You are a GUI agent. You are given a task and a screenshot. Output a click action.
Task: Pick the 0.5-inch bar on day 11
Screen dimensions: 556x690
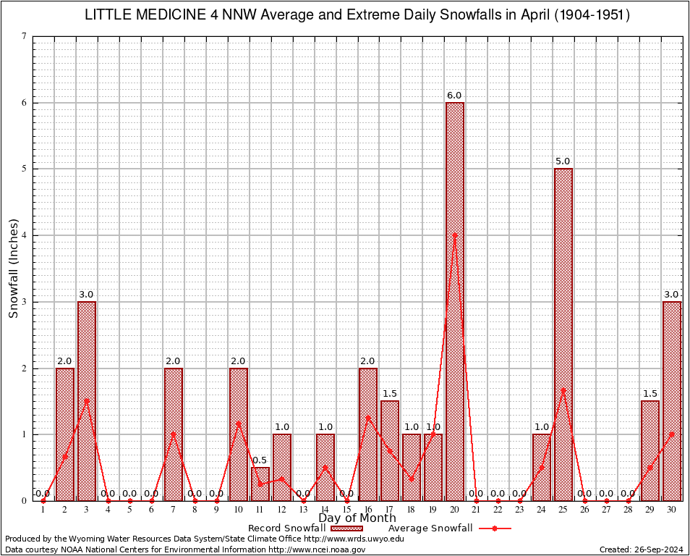coord(260,484)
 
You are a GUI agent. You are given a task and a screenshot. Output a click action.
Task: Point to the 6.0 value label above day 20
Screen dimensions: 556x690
coord(454,96)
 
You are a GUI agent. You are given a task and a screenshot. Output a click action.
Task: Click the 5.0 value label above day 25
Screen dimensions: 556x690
coord(563,161)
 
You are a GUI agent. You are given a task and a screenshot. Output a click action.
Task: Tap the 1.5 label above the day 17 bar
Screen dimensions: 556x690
coord(389,394)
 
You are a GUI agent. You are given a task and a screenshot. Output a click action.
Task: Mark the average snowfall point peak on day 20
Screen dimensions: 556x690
coord(455,235)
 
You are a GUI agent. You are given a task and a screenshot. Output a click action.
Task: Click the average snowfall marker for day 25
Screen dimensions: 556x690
coord(563,389)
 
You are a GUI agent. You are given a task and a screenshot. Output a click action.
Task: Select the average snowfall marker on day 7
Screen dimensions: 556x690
coord(174,434)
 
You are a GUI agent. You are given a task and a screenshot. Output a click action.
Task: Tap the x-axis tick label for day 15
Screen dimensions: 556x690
coord(346,510)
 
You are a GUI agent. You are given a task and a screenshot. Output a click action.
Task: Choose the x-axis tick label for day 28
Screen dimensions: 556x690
coord(628,510)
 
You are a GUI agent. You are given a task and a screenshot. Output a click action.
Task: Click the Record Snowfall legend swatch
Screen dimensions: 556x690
coord(347,528)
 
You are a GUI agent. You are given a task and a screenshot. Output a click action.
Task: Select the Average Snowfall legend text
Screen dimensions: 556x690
coord(430,528)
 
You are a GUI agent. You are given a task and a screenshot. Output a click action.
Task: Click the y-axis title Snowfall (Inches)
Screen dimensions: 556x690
coord(14,269)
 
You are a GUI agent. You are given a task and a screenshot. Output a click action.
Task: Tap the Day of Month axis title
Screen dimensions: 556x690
coord(357,518)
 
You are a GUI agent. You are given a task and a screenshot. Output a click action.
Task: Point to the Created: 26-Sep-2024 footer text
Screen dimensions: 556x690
coord(642,549)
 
